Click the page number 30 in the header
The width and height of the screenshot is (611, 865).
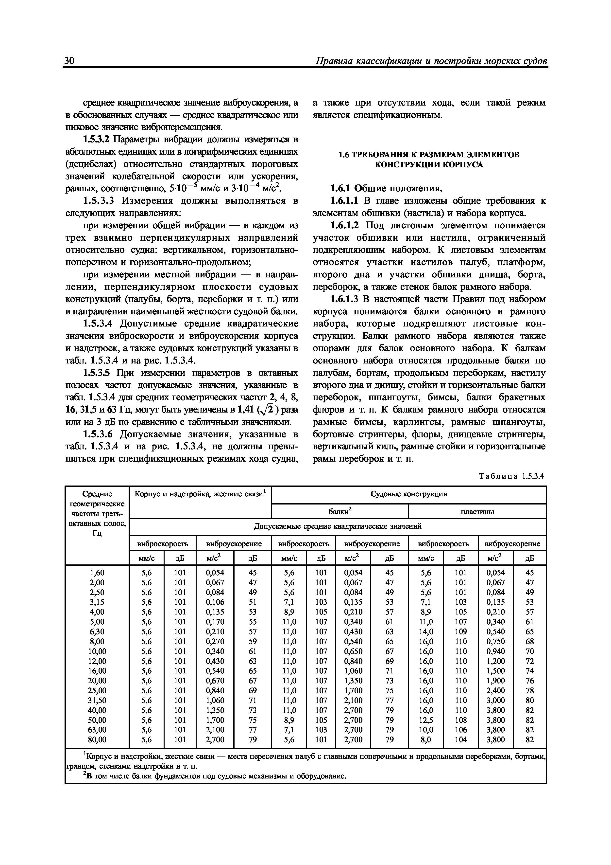[70, 61]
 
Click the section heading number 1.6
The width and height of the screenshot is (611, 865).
[344, 154]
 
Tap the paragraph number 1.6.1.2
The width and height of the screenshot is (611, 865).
[345, 225]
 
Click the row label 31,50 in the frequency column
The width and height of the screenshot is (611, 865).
[97, 700]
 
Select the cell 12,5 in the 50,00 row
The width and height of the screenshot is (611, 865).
[426, 720]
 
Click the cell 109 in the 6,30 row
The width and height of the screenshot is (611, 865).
[461, 632]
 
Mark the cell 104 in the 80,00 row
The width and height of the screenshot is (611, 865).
[461, 739]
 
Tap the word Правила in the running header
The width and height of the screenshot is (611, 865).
[334, 61]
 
